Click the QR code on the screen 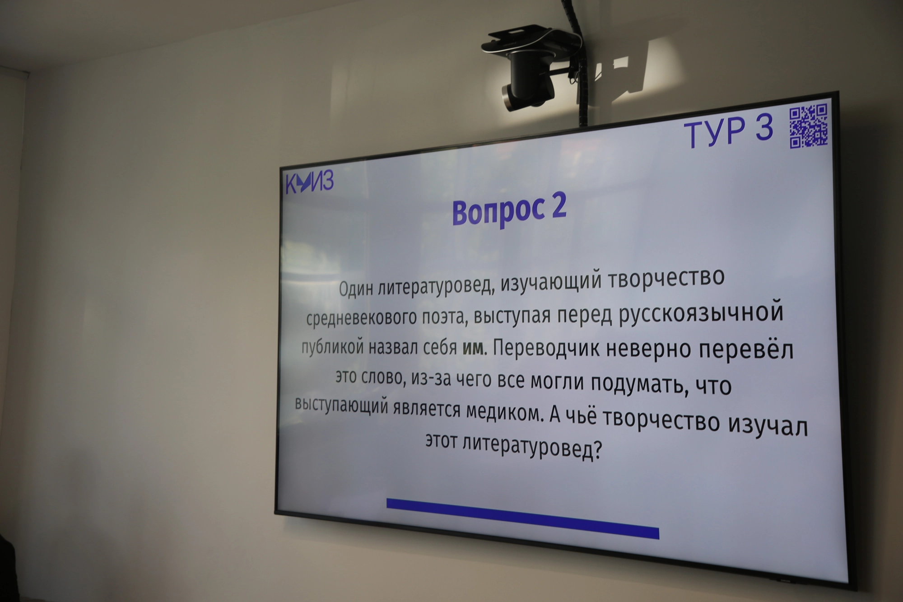(808, 126)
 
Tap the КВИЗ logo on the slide (310, 182)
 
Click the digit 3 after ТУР (764, 128)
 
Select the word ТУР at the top (715, 134)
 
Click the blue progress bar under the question (522, 518)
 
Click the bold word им (473, 348)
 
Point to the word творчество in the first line (666, 279)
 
